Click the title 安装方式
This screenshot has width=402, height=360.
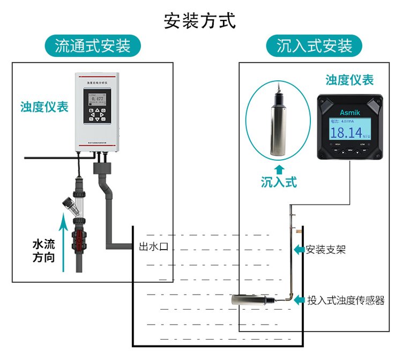tap(199, 21)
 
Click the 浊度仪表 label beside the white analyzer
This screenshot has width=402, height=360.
tap(44, 107)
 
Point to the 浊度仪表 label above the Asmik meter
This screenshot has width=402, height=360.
tap(349, 80)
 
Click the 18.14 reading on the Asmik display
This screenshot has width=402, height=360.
tap(346, 132)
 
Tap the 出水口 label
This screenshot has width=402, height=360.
tap(153, 247)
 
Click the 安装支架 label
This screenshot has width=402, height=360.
tap(326, 250)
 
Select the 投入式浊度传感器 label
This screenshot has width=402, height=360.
tap(346, 300)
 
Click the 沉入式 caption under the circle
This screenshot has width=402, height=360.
tap(279, 182)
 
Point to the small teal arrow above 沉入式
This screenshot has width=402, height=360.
tap(279, 169)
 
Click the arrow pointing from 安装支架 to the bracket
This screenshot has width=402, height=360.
tap(299, 250)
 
